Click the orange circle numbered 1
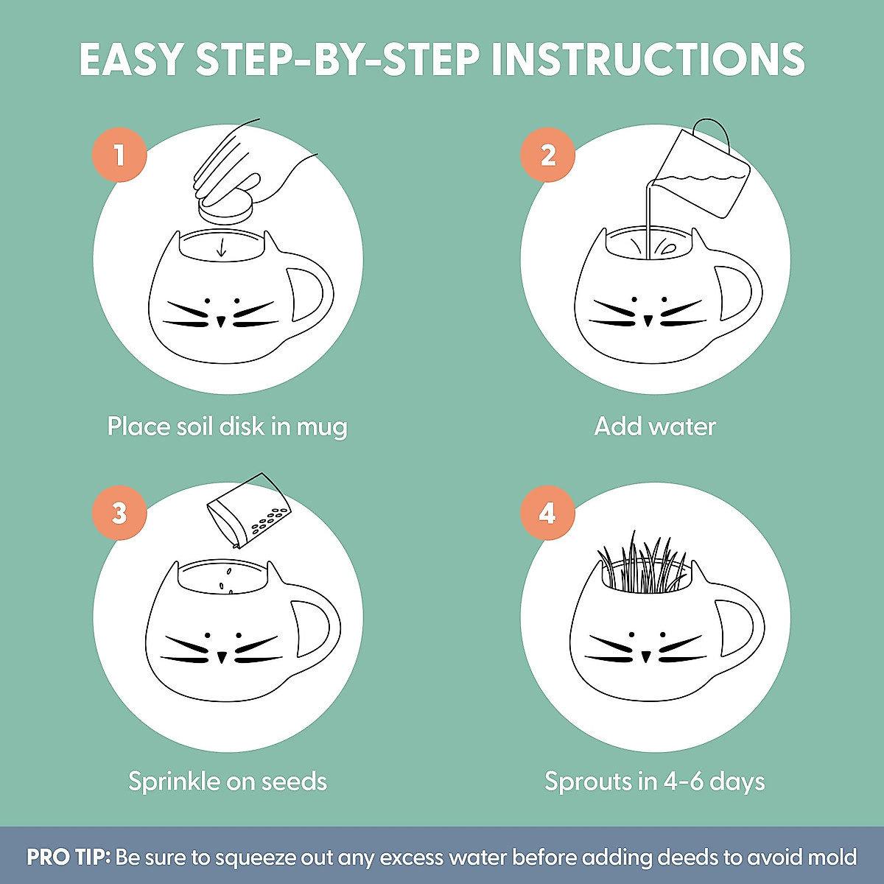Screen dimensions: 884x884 coord(119,155)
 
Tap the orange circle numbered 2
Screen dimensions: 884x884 coord(548,155)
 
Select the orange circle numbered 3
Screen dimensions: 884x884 coord(119,513)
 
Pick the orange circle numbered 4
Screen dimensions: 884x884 coord(548,513)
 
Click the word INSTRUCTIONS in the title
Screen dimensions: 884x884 coord(648,60)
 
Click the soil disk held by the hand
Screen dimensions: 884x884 coord(225,208)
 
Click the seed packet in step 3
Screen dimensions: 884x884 coord(248,511)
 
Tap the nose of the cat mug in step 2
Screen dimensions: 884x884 coord(648,320)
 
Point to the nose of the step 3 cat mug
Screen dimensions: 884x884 coord(222,657)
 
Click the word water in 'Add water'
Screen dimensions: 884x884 coord(684,427)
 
